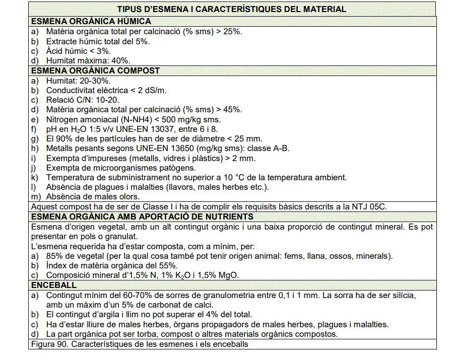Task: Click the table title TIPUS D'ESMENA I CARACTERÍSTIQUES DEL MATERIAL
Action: coord(231,9)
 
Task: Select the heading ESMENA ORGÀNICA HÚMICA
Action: coord(91,21)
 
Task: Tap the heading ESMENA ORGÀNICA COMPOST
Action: coord(95,70)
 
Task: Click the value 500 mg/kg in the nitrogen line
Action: coord(179,119)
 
